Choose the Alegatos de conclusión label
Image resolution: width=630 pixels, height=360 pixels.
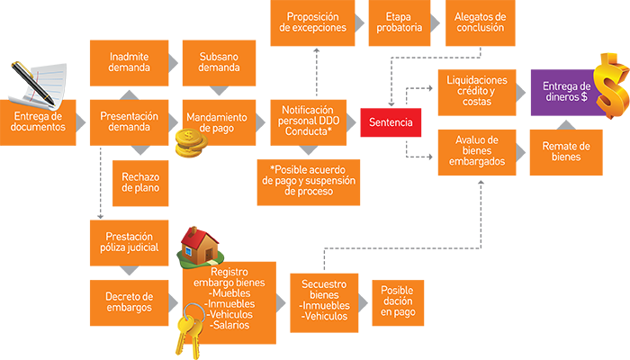point(481,22)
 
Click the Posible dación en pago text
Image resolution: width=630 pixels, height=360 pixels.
point(397,301)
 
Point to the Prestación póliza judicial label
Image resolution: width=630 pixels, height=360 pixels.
point(131,241)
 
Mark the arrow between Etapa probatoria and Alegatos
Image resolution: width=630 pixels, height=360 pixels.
point(436,21)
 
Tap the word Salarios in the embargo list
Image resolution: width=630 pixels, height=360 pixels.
point(232,325)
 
